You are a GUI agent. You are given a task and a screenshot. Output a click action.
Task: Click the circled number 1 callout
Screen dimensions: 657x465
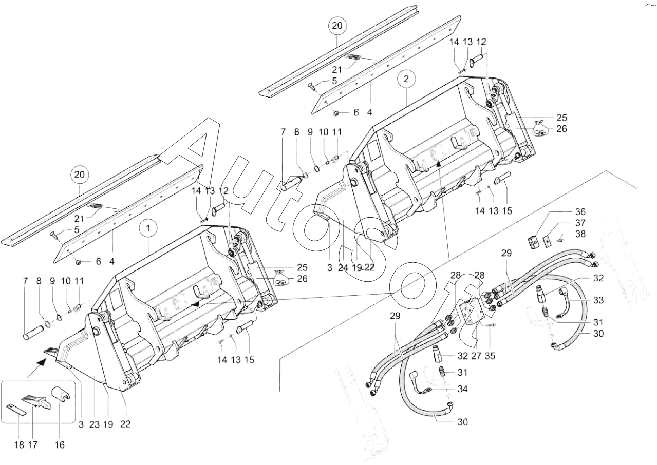pyautogui.click(x=148, y=228)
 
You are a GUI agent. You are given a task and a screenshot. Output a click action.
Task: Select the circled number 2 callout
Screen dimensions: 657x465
pyautogui.click(x=406, y=79)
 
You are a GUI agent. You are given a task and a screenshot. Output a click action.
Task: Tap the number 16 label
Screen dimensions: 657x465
pyautogui.click(x=60, y=445)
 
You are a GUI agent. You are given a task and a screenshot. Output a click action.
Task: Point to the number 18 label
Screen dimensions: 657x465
pyautogui.click(x=19, y=445)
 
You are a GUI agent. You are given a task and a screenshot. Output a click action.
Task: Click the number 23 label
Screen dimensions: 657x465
pyautogui.click(x=95, y=424)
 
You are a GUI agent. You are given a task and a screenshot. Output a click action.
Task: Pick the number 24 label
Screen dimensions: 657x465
pyautogui.click(x=343, y=267)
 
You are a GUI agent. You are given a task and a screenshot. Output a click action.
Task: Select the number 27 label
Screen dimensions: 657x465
pyautogui.click(x=476, y=356)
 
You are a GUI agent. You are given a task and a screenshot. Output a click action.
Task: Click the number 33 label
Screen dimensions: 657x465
pyautogui.click(x=598, y=300)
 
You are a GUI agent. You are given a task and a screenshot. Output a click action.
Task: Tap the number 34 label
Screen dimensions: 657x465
pyautogui.click(x=463, y=389)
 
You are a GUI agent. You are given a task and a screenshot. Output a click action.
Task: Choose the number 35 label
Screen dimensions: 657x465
pyautogui.click(x=490, y=356)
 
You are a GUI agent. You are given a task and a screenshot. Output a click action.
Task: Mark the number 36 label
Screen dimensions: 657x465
pyautogui.click(x=580, y=211)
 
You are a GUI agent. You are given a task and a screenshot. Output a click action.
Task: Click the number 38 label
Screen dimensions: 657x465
pyautogui.click(x=580, y=234)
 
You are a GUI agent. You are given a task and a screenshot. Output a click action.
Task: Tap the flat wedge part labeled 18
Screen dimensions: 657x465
pyautogui.click(x=17, y=410)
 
